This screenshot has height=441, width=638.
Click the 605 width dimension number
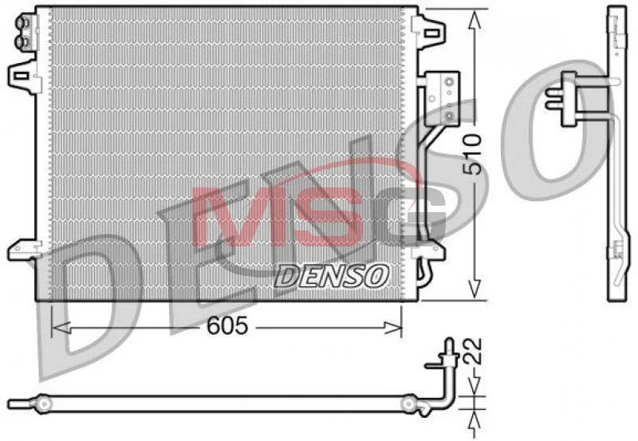[227, 325]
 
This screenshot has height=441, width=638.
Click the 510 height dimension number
[473, 155]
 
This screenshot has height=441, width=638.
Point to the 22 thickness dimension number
[472, 351]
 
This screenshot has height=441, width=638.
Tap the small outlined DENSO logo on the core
[332, 277]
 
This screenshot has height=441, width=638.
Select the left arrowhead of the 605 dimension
[62, 327]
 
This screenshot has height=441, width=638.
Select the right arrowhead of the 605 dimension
[392, 327]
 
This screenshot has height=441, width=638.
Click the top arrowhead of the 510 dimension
[472, 20]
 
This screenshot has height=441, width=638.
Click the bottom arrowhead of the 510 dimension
[472, 289]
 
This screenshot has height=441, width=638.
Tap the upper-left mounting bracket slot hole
[21, 76]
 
